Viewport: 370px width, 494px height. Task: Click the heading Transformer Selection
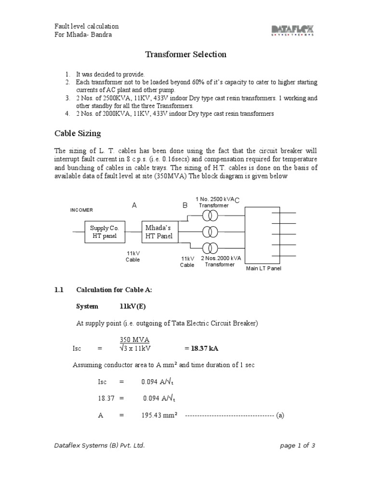point(186,55)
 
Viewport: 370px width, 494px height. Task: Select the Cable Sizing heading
point(77,133)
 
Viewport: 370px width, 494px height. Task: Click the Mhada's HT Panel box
point(159,232)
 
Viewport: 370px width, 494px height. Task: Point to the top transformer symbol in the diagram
point(210,215)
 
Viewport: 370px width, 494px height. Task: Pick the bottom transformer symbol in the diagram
point(210,248)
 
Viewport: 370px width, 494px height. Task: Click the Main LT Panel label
point(264,268)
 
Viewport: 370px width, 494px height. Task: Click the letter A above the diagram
point(135,205)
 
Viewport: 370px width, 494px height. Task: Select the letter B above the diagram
point(185,206)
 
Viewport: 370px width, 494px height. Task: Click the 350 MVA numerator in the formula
point(134,340)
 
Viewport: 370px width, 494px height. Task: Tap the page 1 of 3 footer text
point(297,445)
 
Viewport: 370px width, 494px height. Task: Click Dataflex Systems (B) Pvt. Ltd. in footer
point(99,445)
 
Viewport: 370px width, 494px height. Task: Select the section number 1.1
point(59,290)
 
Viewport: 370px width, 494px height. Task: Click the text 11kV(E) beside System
point(133,306)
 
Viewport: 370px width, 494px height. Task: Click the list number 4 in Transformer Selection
point(67,114)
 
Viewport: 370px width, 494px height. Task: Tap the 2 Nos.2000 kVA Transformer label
point(220,261)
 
